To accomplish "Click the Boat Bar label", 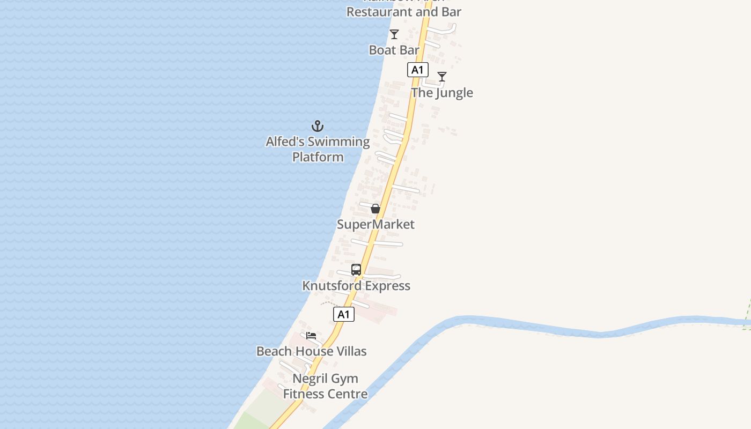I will click(x=394, y=50).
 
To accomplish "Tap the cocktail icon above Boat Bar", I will click(x=394, y=34).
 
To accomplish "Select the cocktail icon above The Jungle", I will click(x=441, y=77).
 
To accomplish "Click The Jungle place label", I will click(x=442, y=93).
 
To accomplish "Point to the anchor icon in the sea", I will click(x=318, y=127).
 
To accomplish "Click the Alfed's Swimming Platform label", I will click(x=318, y=149).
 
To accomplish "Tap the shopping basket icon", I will click(x=376, y=209).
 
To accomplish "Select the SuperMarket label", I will click(x=376, y=224).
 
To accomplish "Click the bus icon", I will click(x=356, y=270).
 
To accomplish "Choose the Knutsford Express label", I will click(x=356, y=286).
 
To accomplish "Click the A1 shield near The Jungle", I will click(x=417, y=70).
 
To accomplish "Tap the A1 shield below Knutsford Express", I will click(x=344, y=315).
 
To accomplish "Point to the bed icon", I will click(x=311, y=336).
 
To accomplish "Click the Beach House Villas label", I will click(x=311, y=351).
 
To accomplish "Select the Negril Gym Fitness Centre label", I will click(x=326, y=386).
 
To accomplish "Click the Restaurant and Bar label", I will click(x=403, y=11).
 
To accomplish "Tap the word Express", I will click(x=385, y=286).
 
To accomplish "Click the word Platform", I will click(x=318, y=157).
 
